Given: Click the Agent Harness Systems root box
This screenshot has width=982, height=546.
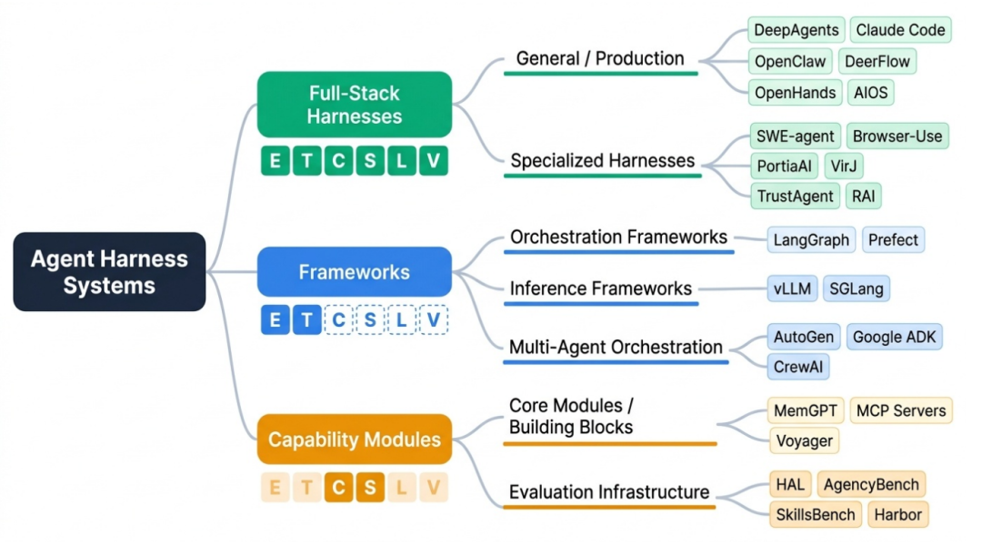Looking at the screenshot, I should click(109, 272).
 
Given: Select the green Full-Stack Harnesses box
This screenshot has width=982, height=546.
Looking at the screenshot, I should click(355, 105).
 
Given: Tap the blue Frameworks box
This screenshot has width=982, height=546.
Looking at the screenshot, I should click(355, 272).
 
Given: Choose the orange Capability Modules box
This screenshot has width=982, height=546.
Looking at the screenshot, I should click(355, 440).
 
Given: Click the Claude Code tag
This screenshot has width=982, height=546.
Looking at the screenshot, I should click(900, 30).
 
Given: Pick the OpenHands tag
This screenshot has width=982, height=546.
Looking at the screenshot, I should click(795, 92).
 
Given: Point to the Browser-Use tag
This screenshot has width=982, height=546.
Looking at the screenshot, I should click(897, 136).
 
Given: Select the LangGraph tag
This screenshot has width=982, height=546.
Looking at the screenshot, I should click(811, 240).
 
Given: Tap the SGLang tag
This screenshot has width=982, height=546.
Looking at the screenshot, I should click(857, 288).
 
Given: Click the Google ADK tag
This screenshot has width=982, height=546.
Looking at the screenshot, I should click(894, 337).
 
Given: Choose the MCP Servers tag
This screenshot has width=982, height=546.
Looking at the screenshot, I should click(900, 410).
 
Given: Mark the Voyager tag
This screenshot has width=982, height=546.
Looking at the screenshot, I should click(803, 441).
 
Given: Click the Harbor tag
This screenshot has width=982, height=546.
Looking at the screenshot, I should click(897, 514).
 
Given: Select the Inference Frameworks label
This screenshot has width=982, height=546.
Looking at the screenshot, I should click(601, 288).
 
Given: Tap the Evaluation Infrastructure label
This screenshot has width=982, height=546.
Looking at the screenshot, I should click(609, 492).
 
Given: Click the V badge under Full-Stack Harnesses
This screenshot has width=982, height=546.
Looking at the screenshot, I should click(434, 161).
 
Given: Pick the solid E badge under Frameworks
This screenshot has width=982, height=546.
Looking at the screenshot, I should click(276, 320).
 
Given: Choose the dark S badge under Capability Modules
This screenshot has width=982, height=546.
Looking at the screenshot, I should click(370, 488).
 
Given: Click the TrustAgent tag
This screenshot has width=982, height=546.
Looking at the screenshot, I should click(796, 195).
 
